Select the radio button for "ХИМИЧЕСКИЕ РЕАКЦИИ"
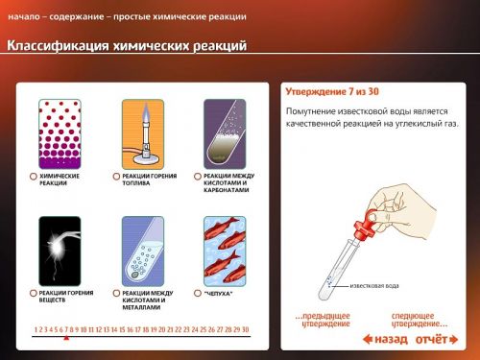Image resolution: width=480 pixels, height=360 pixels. [x=33, y=177]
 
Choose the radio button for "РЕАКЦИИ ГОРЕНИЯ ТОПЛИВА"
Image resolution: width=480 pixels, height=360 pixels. [x=116, y=177]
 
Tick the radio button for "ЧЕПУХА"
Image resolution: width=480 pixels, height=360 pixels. [x=198, y=293]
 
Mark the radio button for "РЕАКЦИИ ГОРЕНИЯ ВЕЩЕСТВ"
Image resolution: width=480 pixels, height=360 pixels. [x=33, y=293]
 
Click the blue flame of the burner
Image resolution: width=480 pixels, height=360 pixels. [x=146, y=112]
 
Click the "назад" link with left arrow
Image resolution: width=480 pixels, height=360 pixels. [x=385, y=339]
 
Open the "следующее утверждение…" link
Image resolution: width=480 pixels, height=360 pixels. [x=420, y=320]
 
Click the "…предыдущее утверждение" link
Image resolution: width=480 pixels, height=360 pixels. [x=323, y=320]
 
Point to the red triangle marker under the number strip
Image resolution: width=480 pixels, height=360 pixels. [x=66, y=338]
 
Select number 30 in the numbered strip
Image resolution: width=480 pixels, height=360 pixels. [x=246, y=329]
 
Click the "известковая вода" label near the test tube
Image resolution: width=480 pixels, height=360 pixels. [x=374, y=286]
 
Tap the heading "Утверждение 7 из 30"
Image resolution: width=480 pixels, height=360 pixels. [x=332, y=92]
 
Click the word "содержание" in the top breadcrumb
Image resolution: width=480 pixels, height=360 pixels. [x=77, y=16]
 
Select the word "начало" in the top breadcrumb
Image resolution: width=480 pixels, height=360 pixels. [x=24, y=16]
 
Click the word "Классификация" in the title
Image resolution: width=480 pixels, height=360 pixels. [x=59, y=45]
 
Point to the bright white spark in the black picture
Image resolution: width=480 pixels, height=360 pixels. [x=57, y=249]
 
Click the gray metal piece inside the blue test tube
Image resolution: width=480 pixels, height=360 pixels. [x=135, y=275]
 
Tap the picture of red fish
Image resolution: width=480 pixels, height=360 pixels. [x=225, y=252]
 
